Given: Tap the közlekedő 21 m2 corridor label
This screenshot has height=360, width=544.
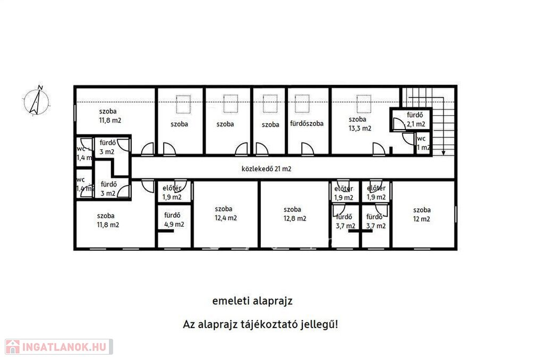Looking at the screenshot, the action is click(x=267, y=169).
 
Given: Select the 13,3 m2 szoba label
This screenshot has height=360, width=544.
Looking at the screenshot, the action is click(x=360, y=124).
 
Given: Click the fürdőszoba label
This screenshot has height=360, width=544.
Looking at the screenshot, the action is click(x=307, y=124).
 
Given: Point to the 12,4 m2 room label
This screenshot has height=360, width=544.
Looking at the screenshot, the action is click(x=225, y=213).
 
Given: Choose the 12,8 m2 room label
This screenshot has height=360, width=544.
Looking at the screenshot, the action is click(x=294, y=213).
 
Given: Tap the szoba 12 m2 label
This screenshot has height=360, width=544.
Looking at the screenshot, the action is click(x=421, y=215).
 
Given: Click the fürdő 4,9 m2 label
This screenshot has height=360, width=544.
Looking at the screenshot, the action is click(x=174, y=220).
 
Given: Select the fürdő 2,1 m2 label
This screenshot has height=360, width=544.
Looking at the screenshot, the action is click(x=415, y=119).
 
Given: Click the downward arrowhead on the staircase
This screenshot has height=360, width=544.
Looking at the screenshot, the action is click(x=443, y=152).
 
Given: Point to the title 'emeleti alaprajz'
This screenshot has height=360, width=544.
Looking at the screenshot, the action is click(x=252, y=301).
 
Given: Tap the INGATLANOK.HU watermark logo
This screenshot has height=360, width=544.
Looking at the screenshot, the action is click(x=59, y=347).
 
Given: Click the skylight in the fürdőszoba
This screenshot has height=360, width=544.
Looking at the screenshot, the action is click(x=302, y=104).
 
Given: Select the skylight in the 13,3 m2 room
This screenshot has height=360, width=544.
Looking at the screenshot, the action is click(x=364, y=104).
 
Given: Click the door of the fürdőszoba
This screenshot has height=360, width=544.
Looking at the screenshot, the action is click(x=308, y=149).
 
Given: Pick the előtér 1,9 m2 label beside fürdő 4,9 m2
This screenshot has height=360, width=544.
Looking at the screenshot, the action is click(x=172, y=193).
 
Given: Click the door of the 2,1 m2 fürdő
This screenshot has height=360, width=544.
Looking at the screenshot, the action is click(x=399, y=124).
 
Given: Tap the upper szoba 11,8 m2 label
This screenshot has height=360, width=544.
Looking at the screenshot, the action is click(x=110, y=116).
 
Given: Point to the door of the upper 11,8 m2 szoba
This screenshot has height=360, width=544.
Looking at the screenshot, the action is click(x=148, y=149).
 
